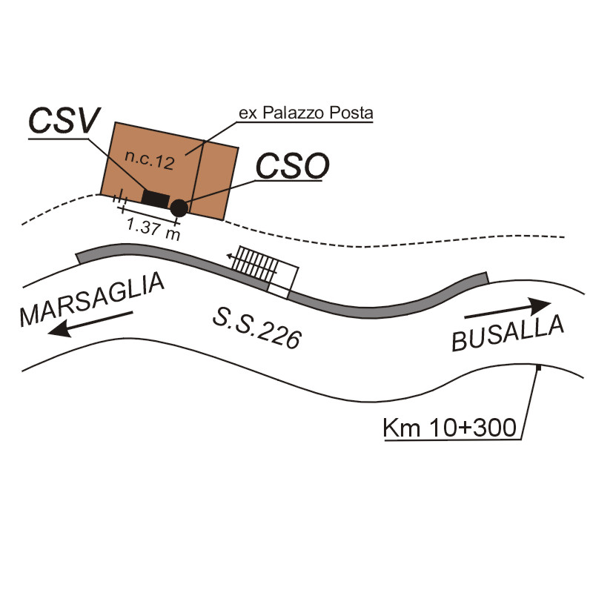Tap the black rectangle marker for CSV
pos(155,199)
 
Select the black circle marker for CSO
pos(178,208)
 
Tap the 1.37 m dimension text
pos(153,229)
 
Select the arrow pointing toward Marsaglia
pos(89,323)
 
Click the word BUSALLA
pos(508,334)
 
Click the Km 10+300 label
pos(453,428)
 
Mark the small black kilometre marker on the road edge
pos(539,368)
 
